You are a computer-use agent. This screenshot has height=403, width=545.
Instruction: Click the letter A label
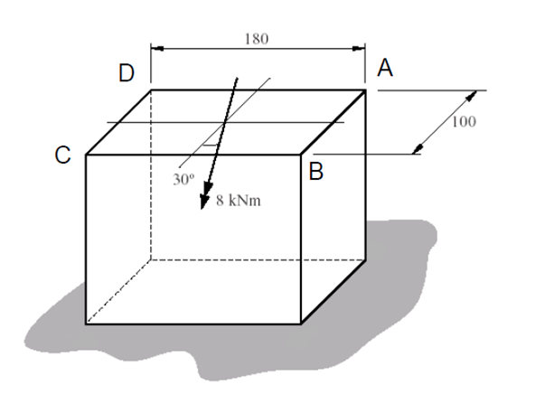click(386, 68)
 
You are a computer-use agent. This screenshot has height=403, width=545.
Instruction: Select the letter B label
click(315, 172)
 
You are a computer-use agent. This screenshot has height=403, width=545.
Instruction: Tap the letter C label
click(62, 155)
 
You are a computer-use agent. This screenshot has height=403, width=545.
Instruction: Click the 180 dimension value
click(258, 39)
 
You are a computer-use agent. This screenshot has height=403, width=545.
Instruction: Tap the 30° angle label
click(183, 178)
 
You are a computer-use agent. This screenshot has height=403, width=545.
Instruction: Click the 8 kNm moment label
click(239, 201)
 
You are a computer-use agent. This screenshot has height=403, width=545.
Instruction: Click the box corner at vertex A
click(365, 89)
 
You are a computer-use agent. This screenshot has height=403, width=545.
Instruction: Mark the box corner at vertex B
click(301, 155)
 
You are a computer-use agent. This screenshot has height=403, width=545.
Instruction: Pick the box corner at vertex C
click(86, 155)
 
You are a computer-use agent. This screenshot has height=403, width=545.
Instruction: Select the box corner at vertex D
click(151, 89)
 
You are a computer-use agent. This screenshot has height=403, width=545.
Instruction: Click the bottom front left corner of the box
click(86, 323)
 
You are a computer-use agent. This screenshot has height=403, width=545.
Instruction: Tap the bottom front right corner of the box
click(301, 323)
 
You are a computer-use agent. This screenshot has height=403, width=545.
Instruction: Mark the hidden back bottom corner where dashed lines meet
click(151, 258)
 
